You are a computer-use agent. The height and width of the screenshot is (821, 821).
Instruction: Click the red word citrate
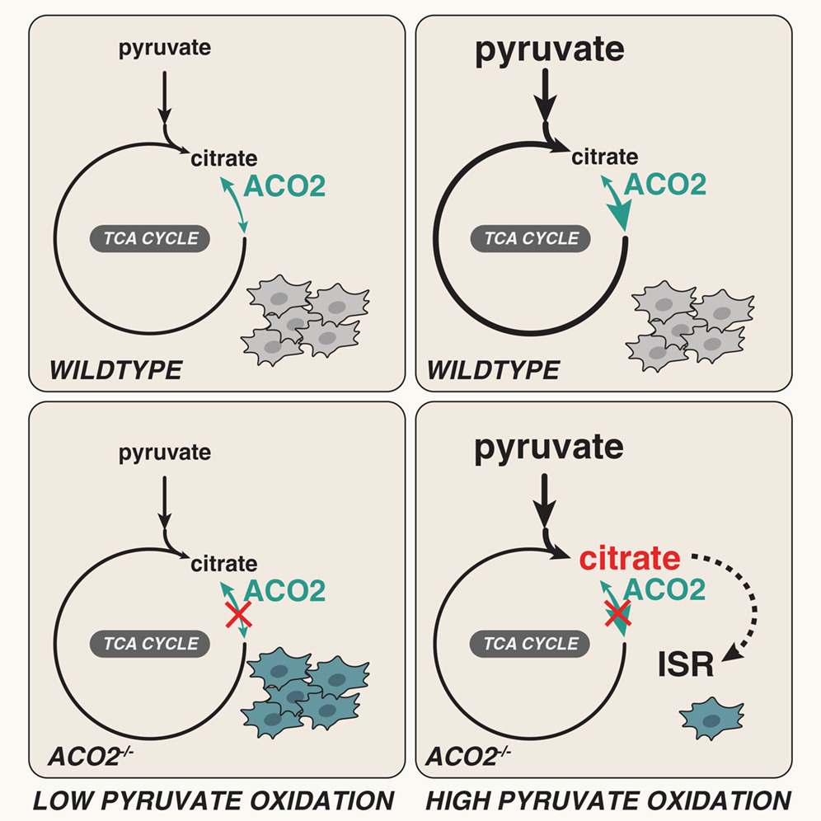pos(629,560)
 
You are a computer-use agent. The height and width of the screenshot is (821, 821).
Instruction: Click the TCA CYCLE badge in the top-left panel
pos(148,239)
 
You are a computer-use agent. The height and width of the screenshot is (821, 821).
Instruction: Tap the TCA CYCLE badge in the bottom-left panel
pos(148,643)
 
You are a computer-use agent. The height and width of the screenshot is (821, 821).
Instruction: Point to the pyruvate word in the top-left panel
pos(165,48)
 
